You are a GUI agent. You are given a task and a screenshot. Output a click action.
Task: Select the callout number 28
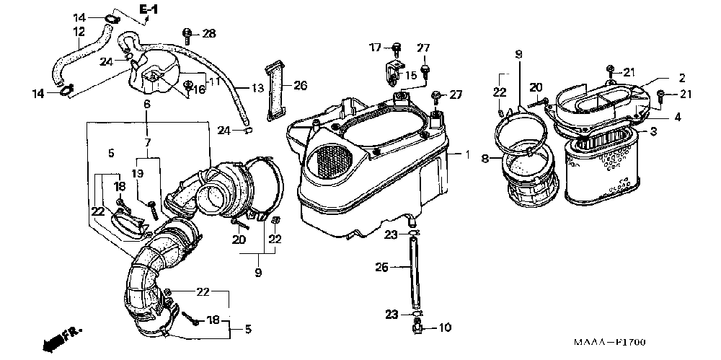coord(209,33)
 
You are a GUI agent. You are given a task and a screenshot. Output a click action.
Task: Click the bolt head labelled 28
coord(187,32)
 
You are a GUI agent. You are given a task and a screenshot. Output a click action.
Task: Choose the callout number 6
coord(147,105)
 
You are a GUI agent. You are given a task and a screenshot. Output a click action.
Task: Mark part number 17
coord(375,48)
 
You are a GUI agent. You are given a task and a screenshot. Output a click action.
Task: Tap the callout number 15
coord(411,74)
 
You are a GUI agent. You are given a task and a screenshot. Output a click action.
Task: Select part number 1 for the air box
coord(466,155)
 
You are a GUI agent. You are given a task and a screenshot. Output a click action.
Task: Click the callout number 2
coord(681,78)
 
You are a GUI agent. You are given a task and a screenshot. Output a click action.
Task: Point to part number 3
coord(653,131)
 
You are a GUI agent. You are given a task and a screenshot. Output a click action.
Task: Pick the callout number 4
coord(678,116)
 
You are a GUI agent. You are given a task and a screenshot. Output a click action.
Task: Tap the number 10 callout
coord(445,328)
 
